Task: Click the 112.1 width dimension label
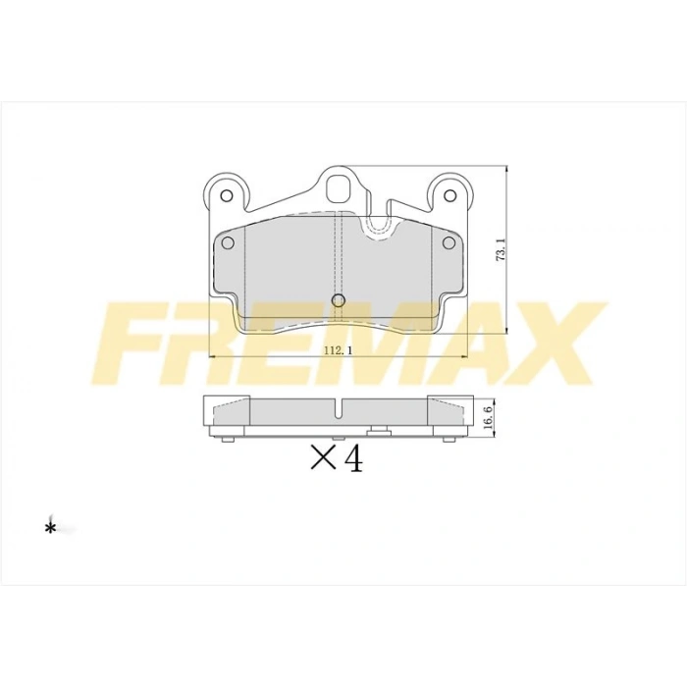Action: (x=339, y=350)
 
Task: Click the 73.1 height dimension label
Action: (x=501, y=250)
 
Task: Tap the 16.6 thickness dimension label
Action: (x=490, y=415)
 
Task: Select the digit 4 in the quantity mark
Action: (x=353, y=457)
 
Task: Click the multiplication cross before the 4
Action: (x=323, y=457)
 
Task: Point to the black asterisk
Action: (x=50, y=528)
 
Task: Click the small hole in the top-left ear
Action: (x=227, y=195)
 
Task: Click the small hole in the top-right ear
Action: (x=449, y=195)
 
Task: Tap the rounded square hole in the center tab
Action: (x=341, y=189)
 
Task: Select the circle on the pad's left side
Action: (x=228, y=242)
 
